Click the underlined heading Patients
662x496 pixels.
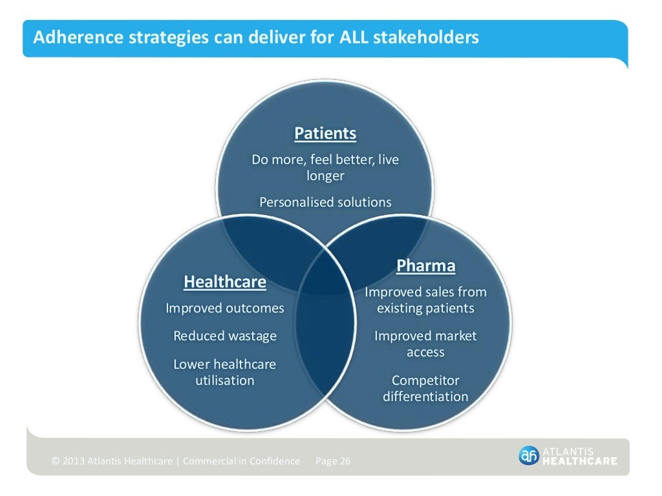click(325, 134)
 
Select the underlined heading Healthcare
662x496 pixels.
click(225, 282)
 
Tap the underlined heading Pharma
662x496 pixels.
click(425, 265)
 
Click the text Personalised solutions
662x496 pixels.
click(325, 202)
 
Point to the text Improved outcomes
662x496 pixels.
click(225, 308)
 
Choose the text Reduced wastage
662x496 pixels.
click(225, 336)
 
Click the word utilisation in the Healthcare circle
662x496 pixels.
click(225, 380)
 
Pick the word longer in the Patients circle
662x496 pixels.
click(325, 176)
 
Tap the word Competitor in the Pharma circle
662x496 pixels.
click(425, 380)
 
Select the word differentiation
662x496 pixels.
click(425, 396)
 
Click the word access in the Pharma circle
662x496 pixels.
click(425, 352)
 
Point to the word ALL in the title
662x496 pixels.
click(354, 37)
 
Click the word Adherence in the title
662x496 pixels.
click(69, 37)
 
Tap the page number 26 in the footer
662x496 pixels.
click(344, 461)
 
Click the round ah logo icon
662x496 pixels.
click(528, 455)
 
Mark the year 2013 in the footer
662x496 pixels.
click(74, 461)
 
